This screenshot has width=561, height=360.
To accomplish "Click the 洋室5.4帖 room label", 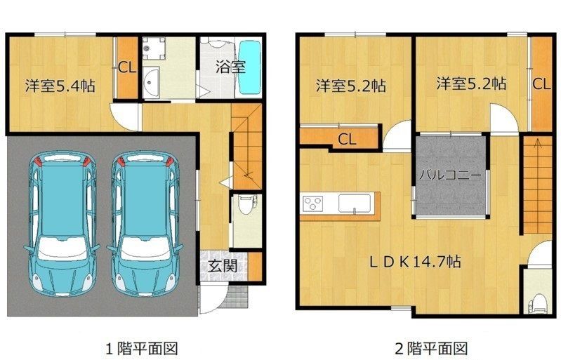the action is [60, 86].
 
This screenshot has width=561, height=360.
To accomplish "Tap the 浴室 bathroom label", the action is [230, 67].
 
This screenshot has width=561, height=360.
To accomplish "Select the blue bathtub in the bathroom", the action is [250, 68].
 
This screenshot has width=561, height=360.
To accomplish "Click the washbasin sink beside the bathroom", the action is [151, 83].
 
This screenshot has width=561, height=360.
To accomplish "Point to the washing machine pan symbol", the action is [154, 48].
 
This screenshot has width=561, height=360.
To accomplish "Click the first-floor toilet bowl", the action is [246, 204].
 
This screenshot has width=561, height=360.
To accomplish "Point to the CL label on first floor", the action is [127, 67].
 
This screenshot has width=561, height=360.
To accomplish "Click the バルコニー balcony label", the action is [451, 175].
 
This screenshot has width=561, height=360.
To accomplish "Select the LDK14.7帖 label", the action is [415, 262].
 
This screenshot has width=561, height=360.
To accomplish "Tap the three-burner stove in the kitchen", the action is [312, 204].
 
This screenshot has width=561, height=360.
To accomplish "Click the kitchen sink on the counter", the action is [354, 203].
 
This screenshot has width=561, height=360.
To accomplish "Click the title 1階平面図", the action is [142, 348].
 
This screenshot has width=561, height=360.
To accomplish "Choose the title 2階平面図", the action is [432, 348].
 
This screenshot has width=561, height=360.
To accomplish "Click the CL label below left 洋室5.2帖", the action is [347, 140].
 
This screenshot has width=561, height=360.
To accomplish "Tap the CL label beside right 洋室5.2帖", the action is [541, 84].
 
